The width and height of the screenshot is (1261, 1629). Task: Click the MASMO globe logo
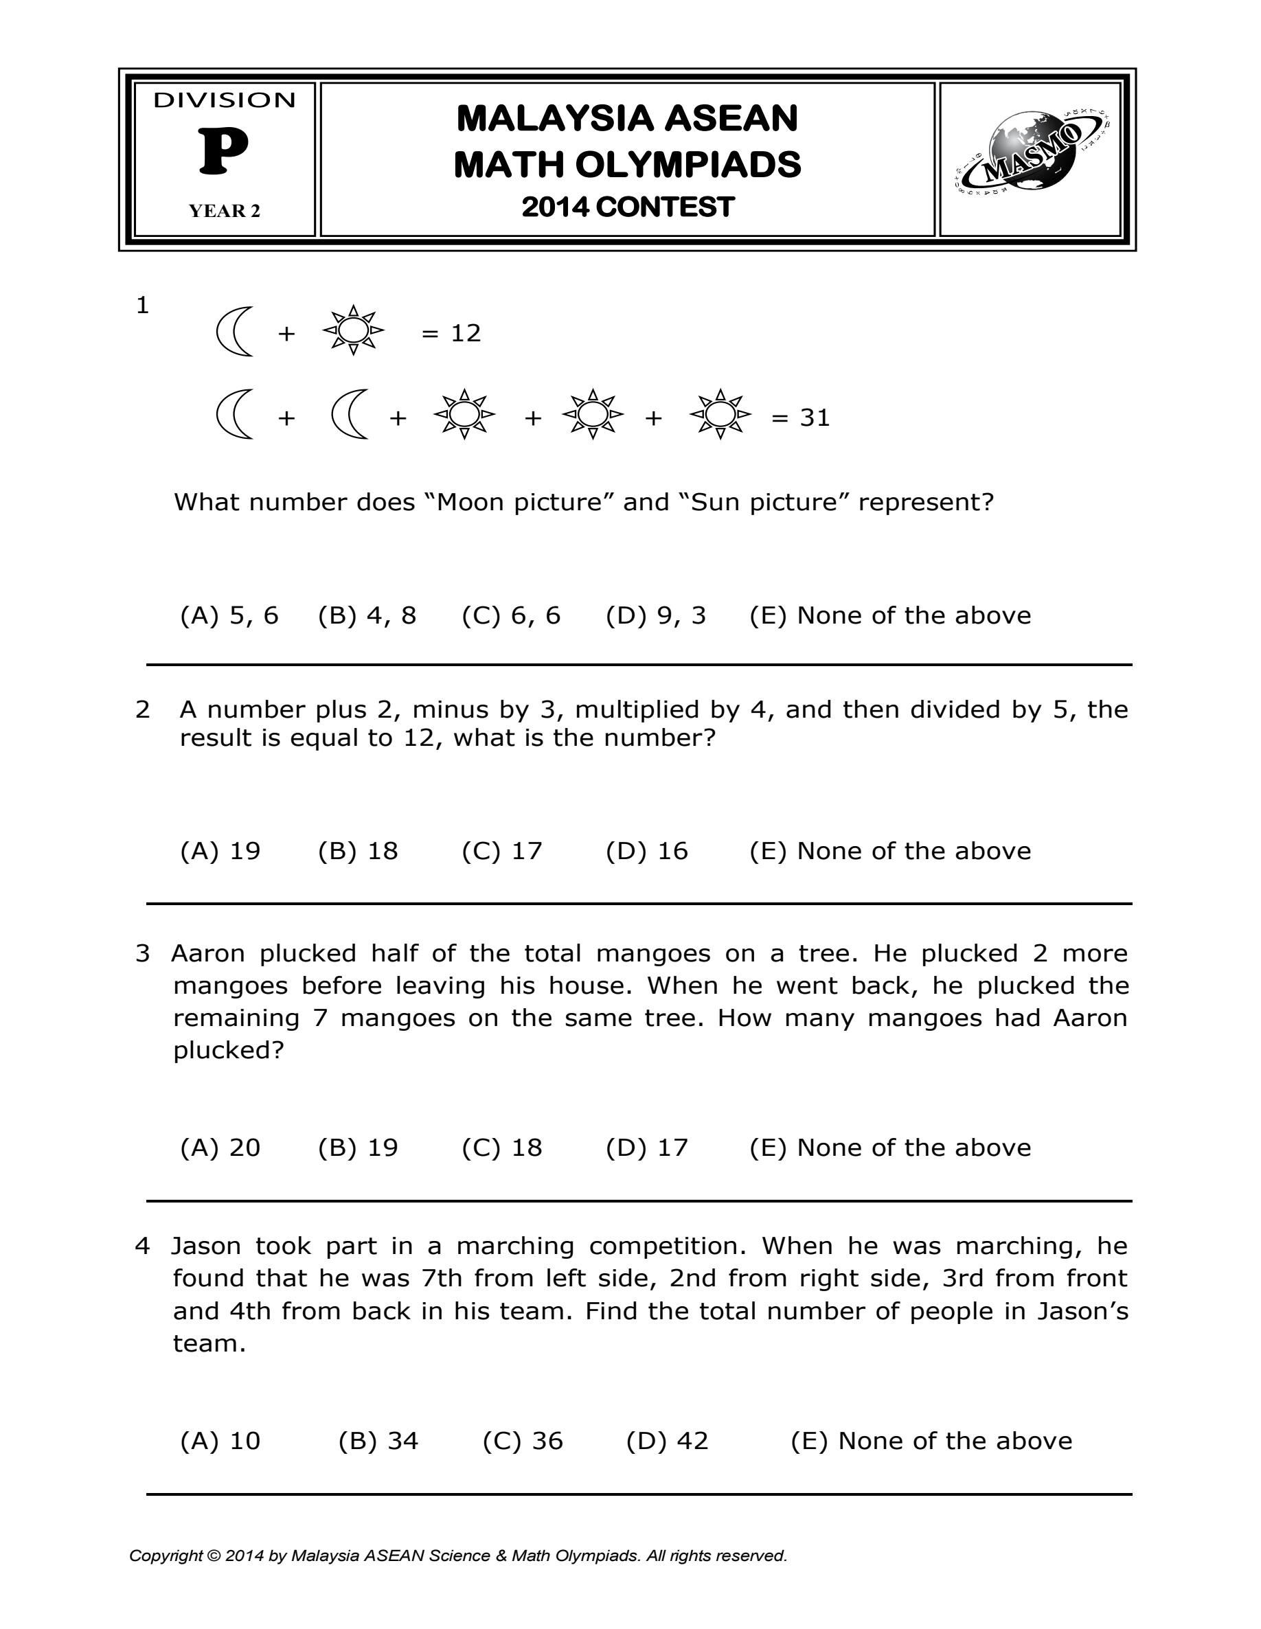tap(1030, 158)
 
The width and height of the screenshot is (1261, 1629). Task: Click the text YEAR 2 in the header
tap(225, 211)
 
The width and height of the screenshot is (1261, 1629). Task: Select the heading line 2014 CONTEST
tap(628, 207)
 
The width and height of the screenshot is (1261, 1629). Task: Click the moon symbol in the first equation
tap(234, 332)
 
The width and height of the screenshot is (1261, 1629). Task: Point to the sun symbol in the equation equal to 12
tap(354, 330)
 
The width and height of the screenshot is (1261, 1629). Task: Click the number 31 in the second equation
tap(815, 418)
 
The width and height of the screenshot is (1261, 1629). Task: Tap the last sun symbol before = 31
tap(720, 413)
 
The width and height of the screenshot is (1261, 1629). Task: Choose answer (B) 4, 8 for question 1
tap(367, 615)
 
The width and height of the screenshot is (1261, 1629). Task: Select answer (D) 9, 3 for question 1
tap(656, 615)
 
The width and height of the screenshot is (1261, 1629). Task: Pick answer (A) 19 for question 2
tap(220, 851)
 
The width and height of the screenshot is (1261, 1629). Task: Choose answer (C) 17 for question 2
tap(501, 851)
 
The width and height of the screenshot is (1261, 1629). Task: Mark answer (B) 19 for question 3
tap(358, 1147)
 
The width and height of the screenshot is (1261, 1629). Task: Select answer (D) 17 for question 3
tap(646, 1147)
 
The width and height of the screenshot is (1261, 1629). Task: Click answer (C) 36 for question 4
tap(522, 1440)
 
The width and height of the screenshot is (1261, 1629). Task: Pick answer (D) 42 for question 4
tap(667, 1440)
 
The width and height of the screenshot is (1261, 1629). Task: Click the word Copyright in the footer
tap(166, 1555)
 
